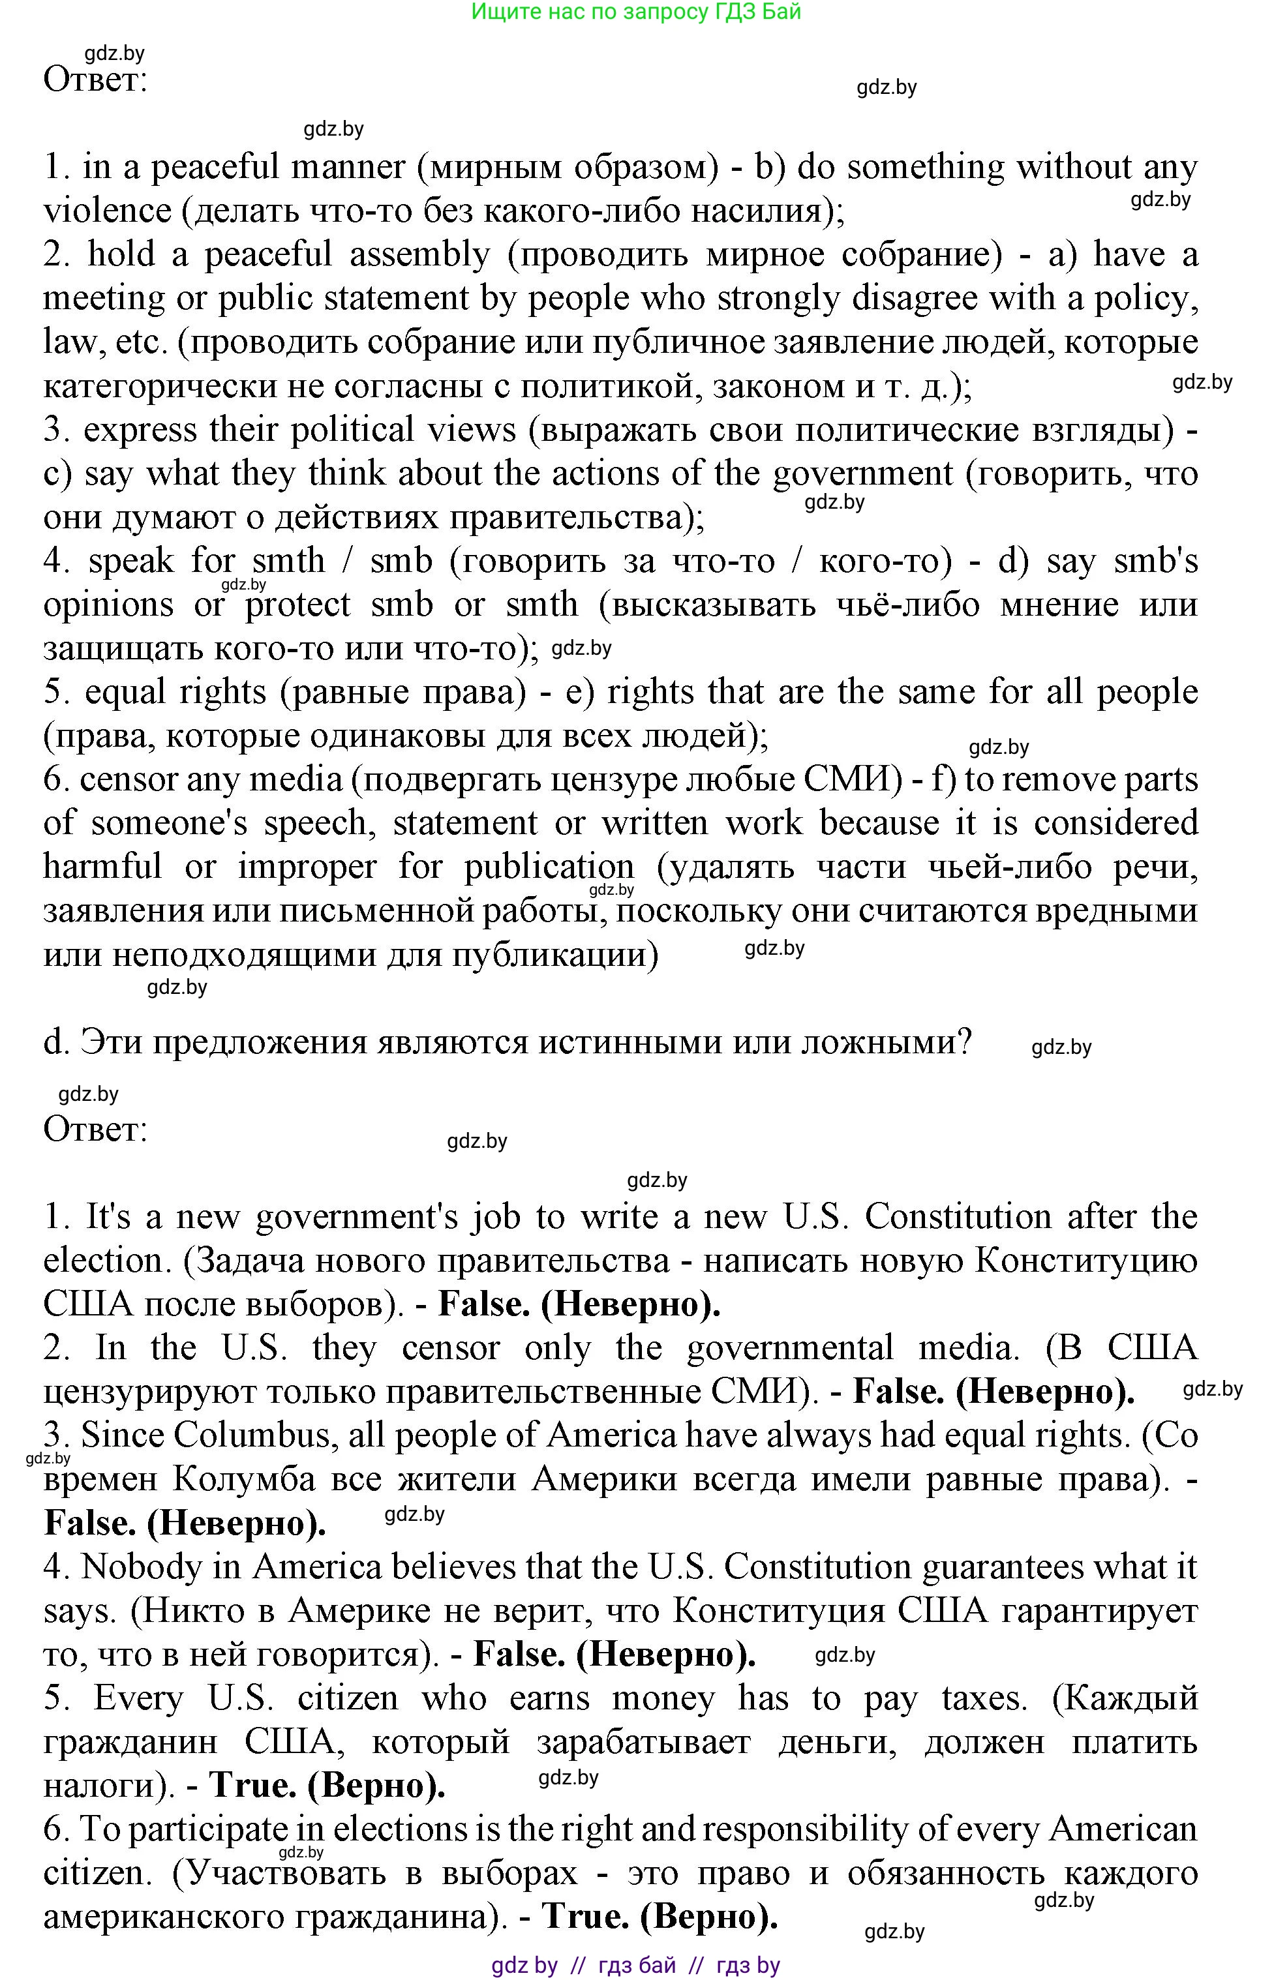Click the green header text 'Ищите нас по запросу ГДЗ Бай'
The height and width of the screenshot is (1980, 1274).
(635, 12)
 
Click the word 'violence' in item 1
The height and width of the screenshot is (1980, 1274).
(107, 212)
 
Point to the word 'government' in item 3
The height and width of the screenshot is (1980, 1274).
(863, 475)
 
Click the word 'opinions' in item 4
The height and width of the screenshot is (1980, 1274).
(108, 605)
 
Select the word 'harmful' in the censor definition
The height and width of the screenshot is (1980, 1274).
(102, 867)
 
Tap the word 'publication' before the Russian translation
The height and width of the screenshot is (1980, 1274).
(549, 867)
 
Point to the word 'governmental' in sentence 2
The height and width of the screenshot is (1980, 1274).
(790, 1348)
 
